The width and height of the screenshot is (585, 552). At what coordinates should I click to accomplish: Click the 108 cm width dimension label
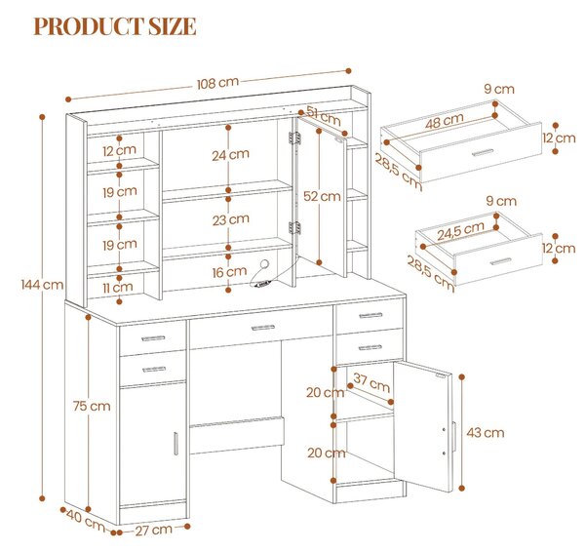[x=217, y=83]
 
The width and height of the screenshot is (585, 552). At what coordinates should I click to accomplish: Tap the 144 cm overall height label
[x=42, y=285]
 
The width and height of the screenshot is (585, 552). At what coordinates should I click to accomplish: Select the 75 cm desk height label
[x=92, y=406]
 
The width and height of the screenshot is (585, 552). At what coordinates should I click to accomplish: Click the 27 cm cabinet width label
[x=153, y=530]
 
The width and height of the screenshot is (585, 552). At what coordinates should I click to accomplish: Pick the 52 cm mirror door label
[x=322, y=196]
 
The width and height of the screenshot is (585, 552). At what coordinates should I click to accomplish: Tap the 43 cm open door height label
[x=486, y=433]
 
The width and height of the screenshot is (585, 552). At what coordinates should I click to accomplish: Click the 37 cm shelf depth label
[x=371, y=382]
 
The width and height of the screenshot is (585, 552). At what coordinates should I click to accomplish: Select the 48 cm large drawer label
[x=445, y=121]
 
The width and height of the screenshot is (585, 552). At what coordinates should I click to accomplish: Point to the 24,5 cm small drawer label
[x=461, y=231]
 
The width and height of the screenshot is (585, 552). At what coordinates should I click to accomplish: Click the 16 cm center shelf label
[x=229, y=272]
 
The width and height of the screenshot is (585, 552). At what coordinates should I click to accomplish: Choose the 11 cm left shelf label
[x=118, y=287]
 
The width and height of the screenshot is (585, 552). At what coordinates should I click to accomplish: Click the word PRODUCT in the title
[x=88, y=26]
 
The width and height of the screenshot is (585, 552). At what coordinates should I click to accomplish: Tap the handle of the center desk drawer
[x=263, y=328]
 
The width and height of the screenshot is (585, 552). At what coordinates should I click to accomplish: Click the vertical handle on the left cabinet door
[x=175, y=444]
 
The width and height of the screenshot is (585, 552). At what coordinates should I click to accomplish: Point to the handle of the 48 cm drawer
[x=483, y=152]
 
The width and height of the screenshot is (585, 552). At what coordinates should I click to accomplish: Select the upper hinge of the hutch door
[x=294, y=138]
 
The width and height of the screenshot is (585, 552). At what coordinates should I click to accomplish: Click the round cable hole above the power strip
[x=264, y=264]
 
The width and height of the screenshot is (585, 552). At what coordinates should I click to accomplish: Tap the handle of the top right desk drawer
[x=370, y=315]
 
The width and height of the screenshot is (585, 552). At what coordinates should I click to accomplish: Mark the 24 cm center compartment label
[x=230, y=154]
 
